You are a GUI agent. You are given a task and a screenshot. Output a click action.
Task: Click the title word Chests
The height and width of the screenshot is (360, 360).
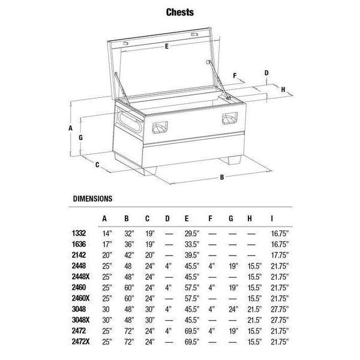click(180, 12)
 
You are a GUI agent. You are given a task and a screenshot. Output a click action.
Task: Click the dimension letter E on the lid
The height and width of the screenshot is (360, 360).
click(167, 46)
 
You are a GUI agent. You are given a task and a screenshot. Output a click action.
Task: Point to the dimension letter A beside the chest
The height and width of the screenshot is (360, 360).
click(70, 128)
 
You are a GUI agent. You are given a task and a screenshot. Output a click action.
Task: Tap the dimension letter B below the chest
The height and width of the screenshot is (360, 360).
click(222, 177)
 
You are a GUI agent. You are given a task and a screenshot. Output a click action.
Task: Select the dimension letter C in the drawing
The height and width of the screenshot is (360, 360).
click(97, 164)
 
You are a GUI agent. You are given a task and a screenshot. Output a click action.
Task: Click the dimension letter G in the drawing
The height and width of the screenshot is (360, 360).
click(80, 137)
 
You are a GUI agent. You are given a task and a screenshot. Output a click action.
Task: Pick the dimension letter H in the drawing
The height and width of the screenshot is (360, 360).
click(283, 89)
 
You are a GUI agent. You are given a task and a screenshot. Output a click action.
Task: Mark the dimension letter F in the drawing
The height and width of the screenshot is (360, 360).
click(235, 76)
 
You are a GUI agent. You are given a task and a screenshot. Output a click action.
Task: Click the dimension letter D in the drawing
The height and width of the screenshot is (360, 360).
click(266, 73)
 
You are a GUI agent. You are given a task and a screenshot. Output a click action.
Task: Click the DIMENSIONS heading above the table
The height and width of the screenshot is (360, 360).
click(92, 199)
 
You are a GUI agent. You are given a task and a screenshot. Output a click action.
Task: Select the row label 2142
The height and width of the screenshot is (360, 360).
click(79, 255)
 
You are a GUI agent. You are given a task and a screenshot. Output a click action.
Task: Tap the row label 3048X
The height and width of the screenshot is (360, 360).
click(80, 320)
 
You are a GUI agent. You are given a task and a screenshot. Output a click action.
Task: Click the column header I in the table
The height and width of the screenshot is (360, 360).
click(272, 218)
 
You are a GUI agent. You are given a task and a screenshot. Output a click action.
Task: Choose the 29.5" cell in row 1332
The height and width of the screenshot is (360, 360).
click(192, 233)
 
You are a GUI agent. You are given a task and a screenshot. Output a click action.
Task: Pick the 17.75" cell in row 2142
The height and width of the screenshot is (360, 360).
click(280, 255)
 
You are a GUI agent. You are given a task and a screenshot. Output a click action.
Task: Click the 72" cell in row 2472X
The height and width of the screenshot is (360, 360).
click(129, 342)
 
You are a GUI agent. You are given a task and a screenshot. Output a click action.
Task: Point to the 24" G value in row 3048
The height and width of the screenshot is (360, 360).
click(233, 309)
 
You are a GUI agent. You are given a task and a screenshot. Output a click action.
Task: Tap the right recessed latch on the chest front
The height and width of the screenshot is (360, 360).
click(230, 118)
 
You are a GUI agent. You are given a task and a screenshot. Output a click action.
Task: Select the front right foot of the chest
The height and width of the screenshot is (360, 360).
click(230, 160)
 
